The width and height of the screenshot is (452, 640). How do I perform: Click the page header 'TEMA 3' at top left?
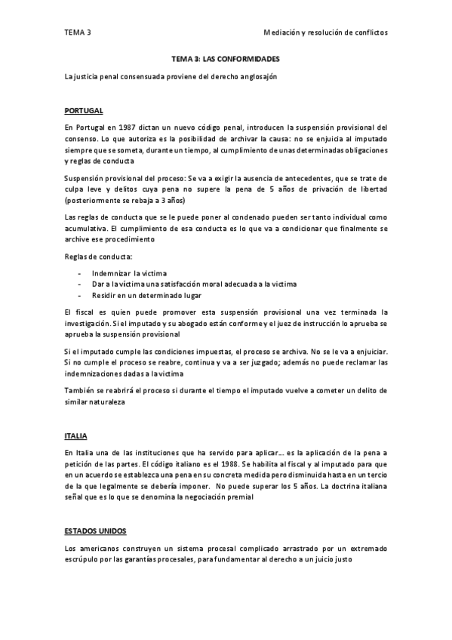(x=76, y=33)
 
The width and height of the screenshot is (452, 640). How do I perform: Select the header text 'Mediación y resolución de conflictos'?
(x=325, y=33)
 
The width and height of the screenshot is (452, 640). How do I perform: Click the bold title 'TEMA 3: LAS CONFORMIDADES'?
(x=226, y=57)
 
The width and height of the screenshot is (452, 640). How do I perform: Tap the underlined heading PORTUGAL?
(x=83, y=110)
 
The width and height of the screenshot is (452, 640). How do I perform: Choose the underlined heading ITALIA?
(x=75, y=436)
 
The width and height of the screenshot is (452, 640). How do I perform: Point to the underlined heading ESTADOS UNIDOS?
(x=96, y=531)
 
